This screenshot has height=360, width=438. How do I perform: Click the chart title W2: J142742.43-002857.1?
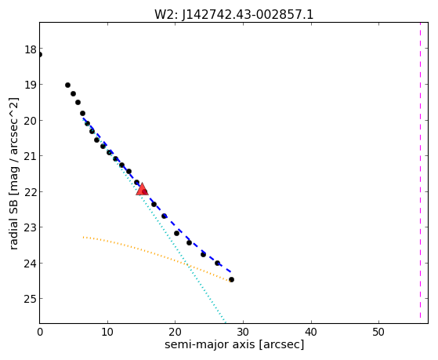(x=233, y=14)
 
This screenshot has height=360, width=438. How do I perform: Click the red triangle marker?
(x=142, y=189)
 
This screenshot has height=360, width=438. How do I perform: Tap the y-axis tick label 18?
(x=31, y=49)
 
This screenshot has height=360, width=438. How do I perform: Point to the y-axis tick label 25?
(x=31, y=299)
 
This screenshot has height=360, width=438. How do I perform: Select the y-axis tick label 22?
(x=31, y=192)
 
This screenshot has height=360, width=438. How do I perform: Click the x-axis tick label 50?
(x=378, y=332)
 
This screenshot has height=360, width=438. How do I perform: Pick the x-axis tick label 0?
(x=40, y=332)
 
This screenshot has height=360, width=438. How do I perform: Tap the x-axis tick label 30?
(x=243, y=332)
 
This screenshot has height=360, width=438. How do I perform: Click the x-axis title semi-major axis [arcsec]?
(x=234, y=344)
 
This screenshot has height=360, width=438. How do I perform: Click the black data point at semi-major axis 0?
(x=40, y=55)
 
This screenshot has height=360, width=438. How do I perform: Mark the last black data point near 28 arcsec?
(x=231, y=279)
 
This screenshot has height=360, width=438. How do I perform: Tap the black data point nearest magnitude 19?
(x=67, y=85)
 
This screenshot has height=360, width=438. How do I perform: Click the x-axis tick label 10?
(x=107, y=332)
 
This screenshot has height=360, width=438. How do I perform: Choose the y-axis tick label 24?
(x=31, y=264)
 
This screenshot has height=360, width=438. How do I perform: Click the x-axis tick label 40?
(x=310, y=332)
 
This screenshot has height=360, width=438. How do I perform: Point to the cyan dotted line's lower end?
(x=225, y=322)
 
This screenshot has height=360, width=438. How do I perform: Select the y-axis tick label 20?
(x=31, y=121)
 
